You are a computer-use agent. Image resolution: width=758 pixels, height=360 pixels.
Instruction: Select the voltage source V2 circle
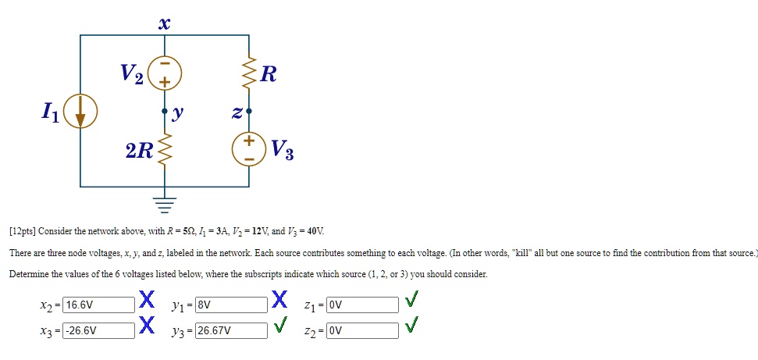165,73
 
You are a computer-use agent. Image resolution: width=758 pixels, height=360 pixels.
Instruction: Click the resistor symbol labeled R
250,73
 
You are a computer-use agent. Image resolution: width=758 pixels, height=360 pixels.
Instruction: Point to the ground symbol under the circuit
165,205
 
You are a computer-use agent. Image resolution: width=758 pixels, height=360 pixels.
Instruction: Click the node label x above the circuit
164,24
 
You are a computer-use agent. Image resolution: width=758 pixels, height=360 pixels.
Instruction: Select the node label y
179,112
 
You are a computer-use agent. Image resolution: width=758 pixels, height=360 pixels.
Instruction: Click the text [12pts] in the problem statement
22,232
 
